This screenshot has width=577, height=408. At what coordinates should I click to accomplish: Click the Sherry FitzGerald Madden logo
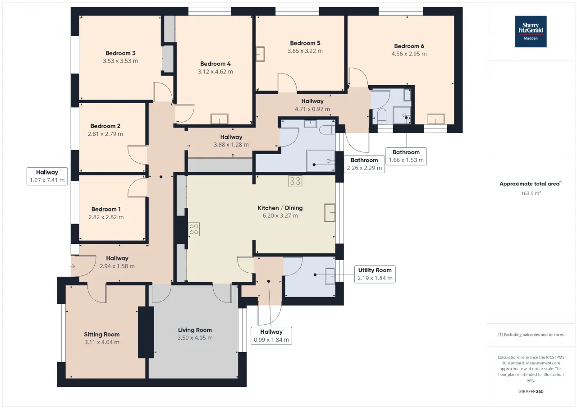(531, 32)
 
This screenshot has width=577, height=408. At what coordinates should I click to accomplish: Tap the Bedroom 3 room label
(120, 53)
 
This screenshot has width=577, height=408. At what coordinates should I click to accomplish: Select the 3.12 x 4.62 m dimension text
(215, 72)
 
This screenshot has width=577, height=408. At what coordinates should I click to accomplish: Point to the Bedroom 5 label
(305, 43)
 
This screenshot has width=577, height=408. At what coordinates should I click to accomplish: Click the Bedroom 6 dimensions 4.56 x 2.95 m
(409, 54)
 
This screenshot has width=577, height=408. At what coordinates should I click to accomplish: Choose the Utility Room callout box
(375, 274)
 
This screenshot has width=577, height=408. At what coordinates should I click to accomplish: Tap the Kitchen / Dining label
(280, 208)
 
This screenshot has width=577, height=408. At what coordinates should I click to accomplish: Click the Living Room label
(195, 330)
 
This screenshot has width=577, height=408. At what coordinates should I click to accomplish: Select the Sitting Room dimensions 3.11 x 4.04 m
(102, 342)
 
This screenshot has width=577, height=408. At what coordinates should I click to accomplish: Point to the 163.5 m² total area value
(531, 193)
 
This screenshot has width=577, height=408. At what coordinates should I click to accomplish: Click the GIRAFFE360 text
(531, 391)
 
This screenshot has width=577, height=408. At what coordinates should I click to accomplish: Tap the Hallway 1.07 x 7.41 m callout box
(47, 176)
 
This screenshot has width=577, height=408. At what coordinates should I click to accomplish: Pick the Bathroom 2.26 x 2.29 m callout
(364, 164)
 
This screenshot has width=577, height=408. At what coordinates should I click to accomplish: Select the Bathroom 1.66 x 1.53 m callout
(406, 156)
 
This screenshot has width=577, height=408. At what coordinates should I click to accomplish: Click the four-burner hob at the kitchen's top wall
(295, 181)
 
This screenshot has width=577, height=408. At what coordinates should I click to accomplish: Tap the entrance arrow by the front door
(73, 266)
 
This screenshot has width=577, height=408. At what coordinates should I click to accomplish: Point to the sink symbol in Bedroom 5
(260, 54)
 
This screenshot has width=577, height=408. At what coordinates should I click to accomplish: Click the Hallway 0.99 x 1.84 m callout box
(271, 336)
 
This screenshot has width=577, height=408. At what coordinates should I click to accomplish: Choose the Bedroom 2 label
(105, 126)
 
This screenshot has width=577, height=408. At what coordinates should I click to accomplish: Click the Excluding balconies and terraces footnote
(531, 335)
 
